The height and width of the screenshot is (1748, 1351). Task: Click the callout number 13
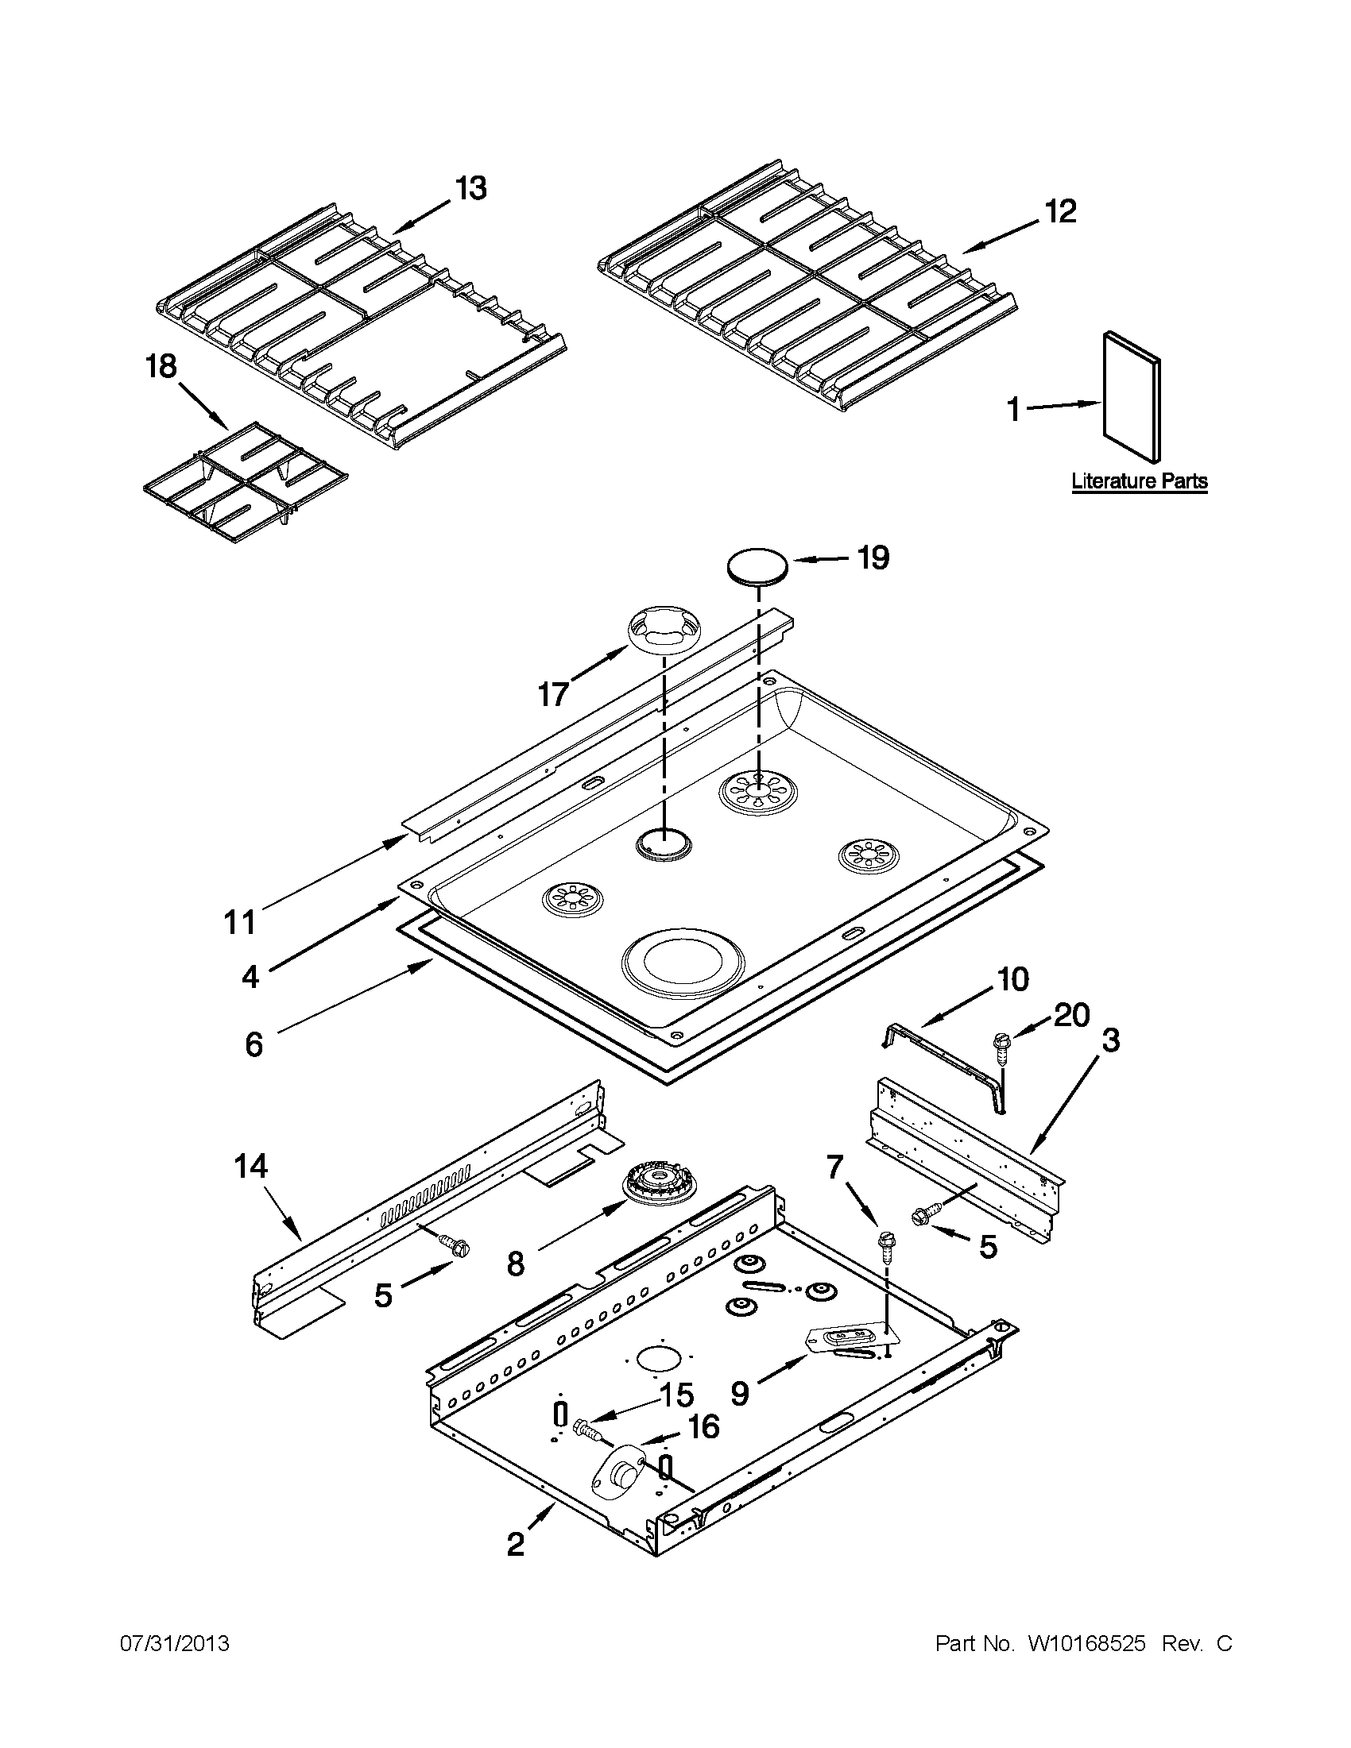(470, 189)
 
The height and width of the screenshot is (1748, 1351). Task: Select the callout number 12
(1059, 211)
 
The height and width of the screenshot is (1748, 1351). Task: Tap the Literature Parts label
(1139, 481)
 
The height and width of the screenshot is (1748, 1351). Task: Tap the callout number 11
(239, 921)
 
